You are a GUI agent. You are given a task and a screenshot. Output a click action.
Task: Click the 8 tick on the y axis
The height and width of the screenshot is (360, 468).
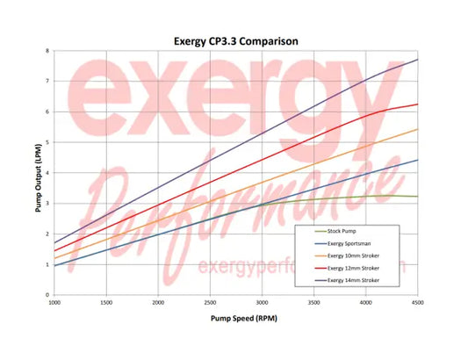pos(47,51)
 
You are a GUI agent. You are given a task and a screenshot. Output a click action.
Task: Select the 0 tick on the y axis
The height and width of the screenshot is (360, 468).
pos(47,294)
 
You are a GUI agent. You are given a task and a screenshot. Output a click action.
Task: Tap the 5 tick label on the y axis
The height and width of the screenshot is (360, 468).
pos(47,142)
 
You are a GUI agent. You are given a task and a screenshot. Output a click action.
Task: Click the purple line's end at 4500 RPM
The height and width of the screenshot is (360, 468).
pos(417,60)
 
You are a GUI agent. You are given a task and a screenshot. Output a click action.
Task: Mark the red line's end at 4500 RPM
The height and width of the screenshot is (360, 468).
pos(417,104)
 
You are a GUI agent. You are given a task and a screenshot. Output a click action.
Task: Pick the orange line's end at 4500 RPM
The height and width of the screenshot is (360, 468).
pos(417,129)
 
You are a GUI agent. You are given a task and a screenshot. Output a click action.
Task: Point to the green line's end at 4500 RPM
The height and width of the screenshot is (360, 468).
pos(417,197)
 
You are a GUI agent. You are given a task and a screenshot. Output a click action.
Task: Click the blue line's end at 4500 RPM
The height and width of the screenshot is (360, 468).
pos(417,160)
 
